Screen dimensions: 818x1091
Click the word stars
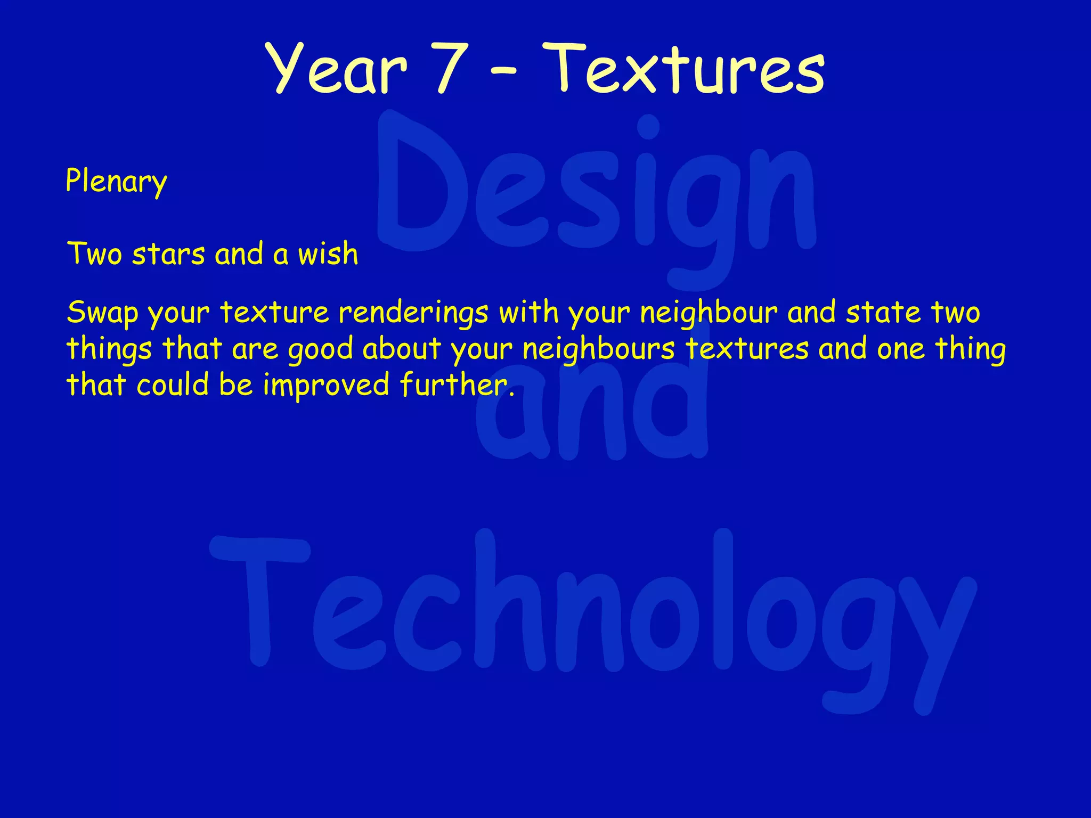(168, 254)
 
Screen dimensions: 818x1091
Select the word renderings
(413, 313)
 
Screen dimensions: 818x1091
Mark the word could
(172, 385)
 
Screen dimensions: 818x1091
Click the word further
(457, 385)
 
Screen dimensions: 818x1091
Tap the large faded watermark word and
(591, 410)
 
